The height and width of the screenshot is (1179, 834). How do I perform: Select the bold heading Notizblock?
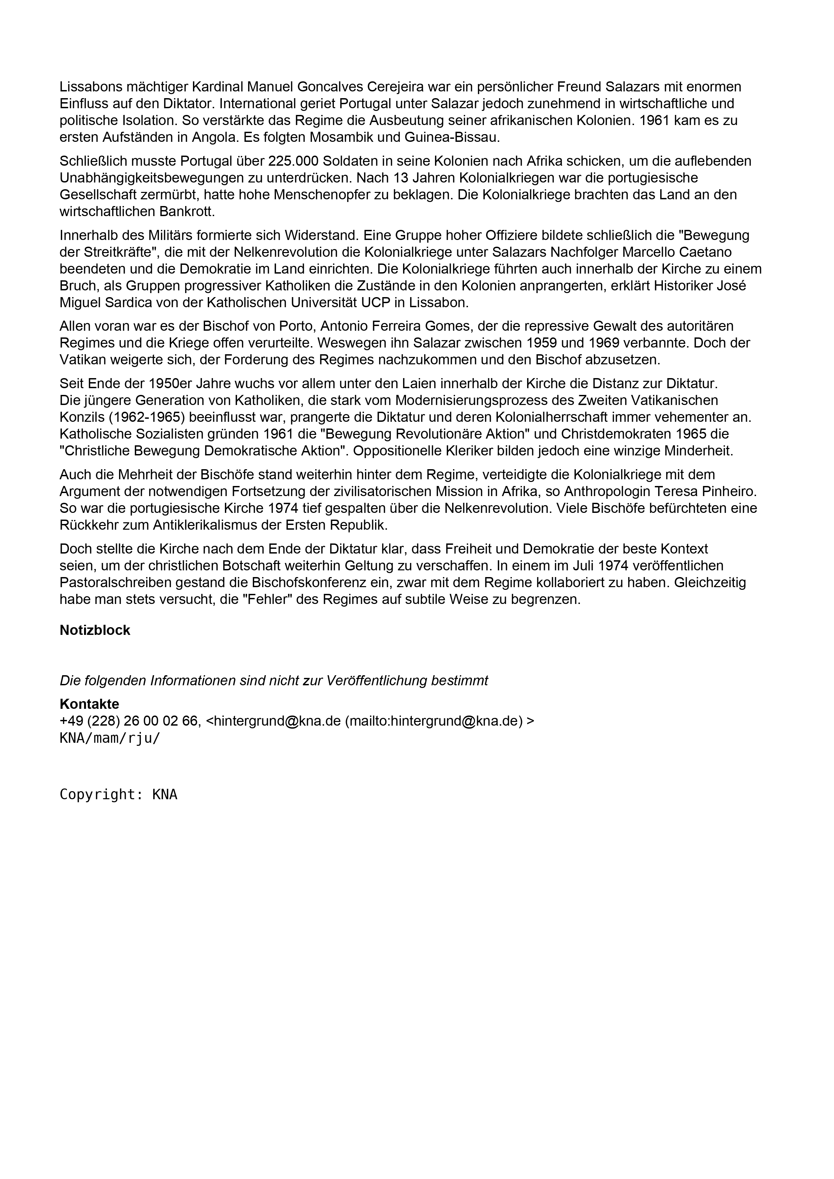click(95, 630)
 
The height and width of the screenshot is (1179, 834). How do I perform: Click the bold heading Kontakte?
click(89, 704)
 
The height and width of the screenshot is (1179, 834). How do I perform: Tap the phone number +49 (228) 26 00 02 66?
click(128, 721)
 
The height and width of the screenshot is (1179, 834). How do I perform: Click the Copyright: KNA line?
click(119, 795)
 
